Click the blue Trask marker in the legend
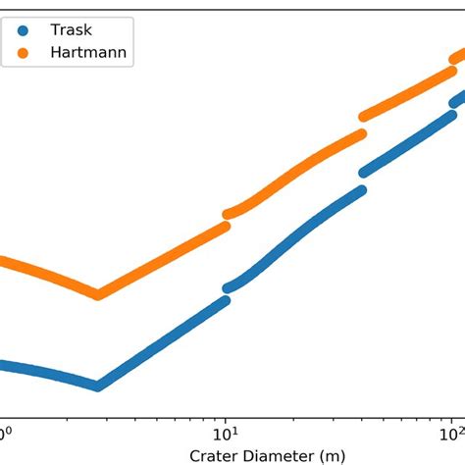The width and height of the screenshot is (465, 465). pos(25,30)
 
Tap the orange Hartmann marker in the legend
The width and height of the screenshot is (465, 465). pos(25,52)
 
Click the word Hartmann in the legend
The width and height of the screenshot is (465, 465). pos(87,52)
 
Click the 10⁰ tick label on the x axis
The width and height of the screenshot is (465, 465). pos(4,433)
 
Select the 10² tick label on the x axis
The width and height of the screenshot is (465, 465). pos(453,433)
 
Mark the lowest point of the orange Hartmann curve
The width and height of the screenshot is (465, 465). pos(97,294)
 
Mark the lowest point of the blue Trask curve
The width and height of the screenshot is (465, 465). pos(97,386)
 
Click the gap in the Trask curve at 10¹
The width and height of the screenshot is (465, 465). pos(228,294)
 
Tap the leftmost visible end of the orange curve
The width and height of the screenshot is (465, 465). pos(3,262)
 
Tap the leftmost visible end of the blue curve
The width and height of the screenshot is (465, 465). pos(3,365)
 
